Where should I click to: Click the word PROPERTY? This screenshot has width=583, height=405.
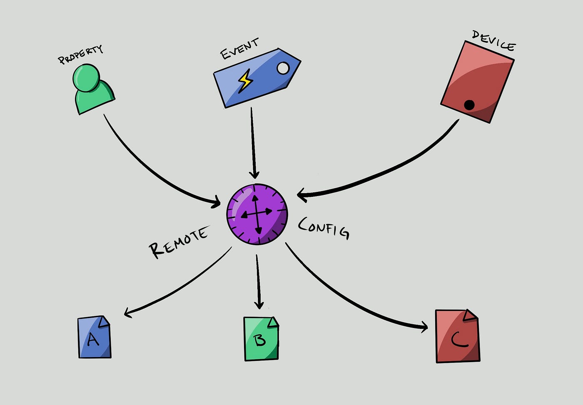[x=80, y=55]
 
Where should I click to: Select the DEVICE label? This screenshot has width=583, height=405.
[x=493, y=40]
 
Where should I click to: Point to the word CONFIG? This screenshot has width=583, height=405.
[x=324, y=228]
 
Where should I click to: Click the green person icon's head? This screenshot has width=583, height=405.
[x=86, y=77]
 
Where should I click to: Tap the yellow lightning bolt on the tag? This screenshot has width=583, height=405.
[x=245, y=81]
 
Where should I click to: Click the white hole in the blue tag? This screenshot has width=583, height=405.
[x=283, y=68]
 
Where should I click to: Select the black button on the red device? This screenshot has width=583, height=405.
[x=469, y=105]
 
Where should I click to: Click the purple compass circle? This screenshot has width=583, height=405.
[x=257, y=214]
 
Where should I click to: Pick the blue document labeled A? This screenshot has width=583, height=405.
[x=94, y=337]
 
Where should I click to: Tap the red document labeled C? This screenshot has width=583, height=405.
[x=457, y=337]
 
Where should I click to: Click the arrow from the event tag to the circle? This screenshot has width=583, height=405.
[x=252, y=142]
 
